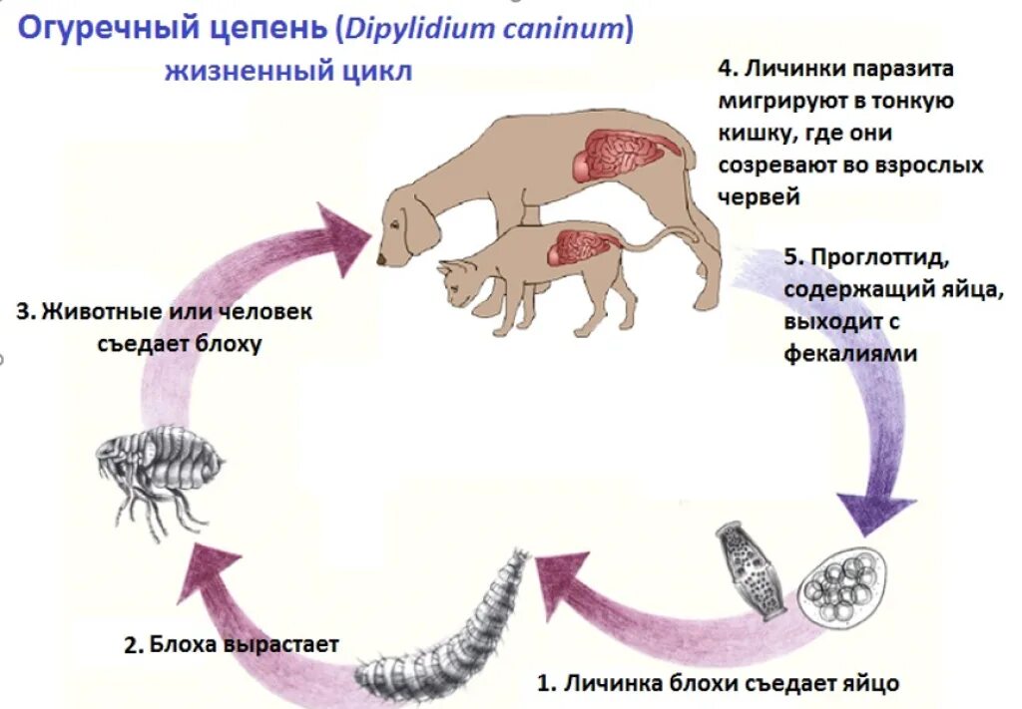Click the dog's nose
pyautogui.click(x=381, y=260)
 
